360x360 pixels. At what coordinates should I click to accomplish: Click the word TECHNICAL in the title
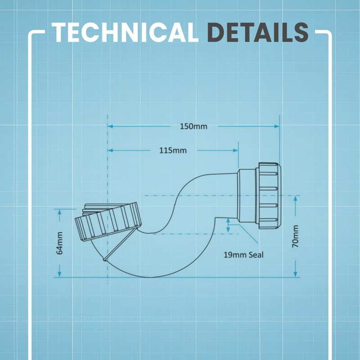[x=125, y=32]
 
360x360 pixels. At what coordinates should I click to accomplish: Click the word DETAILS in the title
[x=258, y=32]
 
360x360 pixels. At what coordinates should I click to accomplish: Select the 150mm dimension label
[x=193, y=126]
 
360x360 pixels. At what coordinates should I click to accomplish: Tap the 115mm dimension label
[x=173, y=151]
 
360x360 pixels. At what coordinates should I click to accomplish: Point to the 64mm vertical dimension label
[x=59, y=243]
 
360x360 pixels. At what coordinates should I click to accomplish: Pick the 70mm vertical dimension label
[x=295, y=236]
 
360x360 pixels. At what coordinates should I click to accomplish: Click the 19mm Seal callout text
[x=243, y=255]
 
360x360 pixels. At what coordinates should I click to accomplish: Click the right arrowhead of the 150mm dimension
[x=277, y=126]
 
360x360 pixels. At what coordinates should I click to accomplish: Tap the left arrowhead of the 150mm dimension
[x=110, y=126]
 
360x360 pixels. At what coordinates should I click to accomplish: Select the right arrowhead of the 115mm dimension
[x=235, y=150]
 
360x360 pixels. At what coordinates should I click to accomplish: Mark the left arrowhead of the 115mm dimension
[x=110, y=150]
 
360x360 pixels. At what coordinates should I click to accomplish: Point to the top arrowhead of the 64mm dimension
[x=59, y=212]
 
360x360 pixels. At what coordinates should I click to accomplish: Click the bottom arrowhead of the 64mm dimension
[x=59, y=274]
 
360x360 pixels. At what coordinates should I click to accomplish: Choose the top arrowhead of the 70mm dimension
[x=295, y=198]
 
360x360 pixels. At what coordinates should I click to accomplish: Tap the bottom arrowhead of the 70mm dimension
[x=295, y=274]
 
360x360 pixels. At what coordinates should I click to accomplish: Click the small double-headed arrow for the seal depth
[x=228, y=225]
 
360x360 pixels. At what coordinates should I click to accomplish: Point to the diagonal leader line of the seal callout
[x=248, y=234]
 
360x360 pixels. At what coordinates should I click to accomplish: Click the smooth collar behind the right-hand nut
[x=247, y=196]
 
